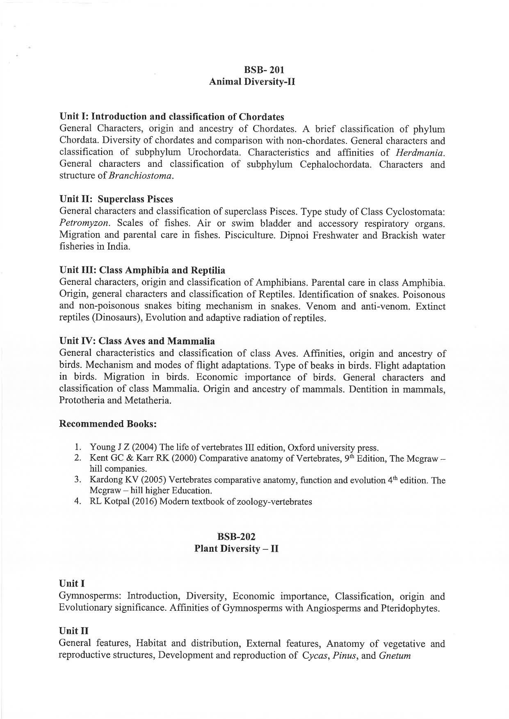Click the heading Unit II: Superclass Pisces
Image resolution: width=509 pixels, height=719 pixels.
click(116, 199)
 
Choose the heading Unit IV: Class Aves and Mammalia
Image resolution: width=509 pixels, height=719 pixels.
click(137, 341)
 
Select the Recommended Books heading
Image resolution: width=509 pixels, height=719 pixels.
click(108, 423)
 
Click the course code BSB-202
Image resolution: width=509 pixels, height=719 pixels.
click(236, 537)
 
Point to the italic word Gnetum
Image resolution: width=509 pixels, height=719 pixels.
click(395, 655)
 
